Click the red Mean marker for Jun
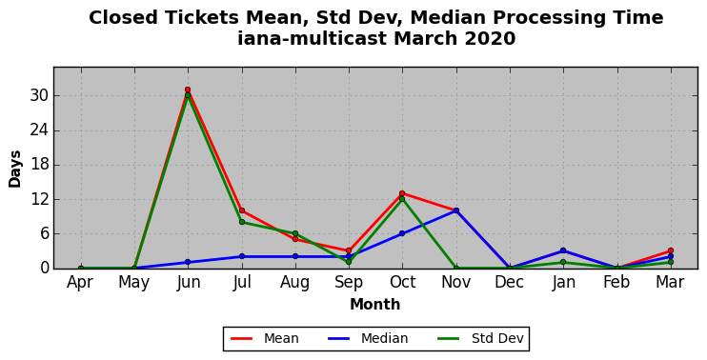tap(188, 90)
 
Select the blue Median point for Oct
tap(402, 233)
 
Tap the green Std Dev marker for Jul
tap(242, 222)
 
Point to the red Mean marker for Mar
tap(671, 250)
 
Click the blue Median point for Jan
tap(563, 250)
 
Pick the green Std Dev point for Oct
tap(402, 199)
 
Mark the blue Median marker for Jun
tap(188, 262)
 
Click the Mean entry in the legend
tap(265, 338)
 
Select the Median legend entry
tap(368, 338)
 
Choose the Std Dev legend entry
tap(480, 338)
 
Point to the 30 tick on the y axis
tap(40, 96)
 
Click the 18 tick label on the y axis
tap(40, 165)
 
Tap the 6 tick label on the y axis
tap(44, 234)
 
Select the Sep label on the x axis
tap(349, 283)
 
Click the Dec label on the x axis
tap(510, 282)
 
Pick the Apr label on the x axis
tap(80, 283)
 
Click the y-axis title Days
tap(15, 169)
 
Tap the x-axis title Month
tap(375, 305)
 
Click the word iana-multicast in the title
tap(313, 38)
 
